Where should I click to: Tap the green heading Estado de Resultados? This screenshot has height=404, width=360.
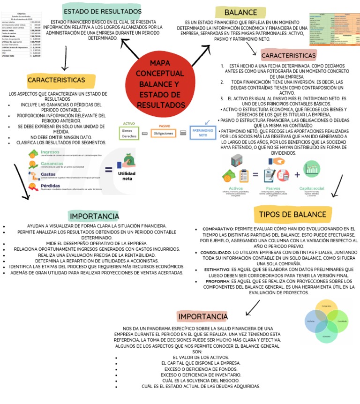click(x=102, y=11)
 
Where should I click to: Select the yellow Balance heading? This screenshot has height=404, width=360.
click(x=240, y=13)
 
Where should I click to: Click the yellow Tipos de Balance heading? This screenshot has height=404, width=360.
click(x=292, y=215)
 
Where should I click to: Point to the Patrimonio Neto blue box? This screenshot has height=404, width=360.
click(x=203, y=132)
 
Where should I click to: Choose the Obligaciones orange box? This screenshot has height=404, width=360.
click(x=164, y=133)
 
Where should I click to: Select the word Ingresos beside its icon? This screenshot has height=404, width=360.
click(x=50, y=152)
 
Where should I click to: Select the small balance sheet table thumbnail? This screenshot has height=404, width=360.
click(x=333, y=29)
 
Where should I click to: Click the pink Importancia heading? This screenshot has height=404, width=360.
click(x=202, y=317)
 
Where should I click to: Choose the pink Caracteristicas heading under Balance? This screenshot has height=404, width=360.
click(x=288, y=56)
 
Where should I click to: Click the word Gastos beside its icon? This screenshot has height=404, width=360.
click(x=48, y=174)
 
